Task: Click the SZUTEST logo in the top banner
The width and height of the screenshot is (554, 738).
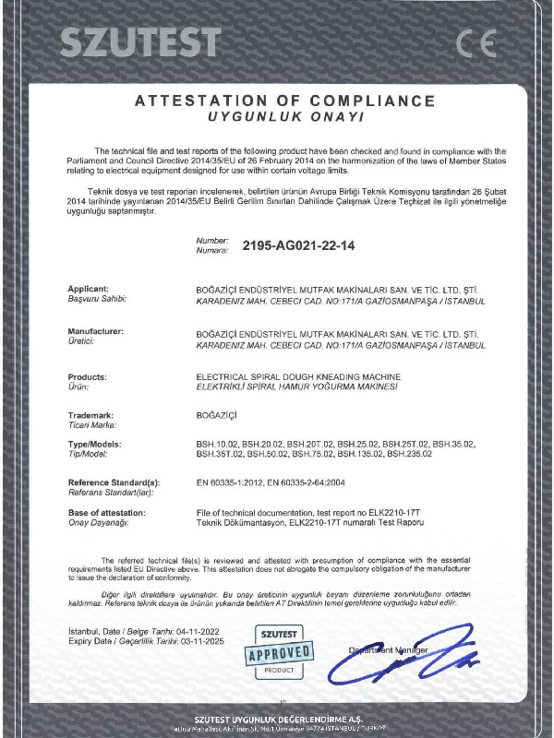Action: click(141, 42)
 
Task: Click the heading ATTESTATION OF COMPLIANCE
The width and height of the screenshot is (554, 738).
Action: click(283, 100)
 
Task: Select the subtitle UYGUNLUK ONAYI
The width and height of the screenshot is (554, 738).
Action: click(283, 118)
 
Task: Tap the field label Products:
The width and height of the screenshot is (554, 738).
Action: click(88, 376)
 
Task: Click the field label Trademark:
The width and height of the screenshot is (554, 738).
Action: click(92, 416)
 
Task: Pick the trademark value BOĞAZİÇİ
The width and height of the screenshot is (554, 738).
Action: click(218, 416)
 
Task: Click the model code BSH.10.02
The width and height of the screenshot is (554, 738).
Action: click(217, 444)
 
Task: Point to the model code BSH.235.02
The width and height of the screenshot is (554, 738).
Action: click(410, 454)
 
